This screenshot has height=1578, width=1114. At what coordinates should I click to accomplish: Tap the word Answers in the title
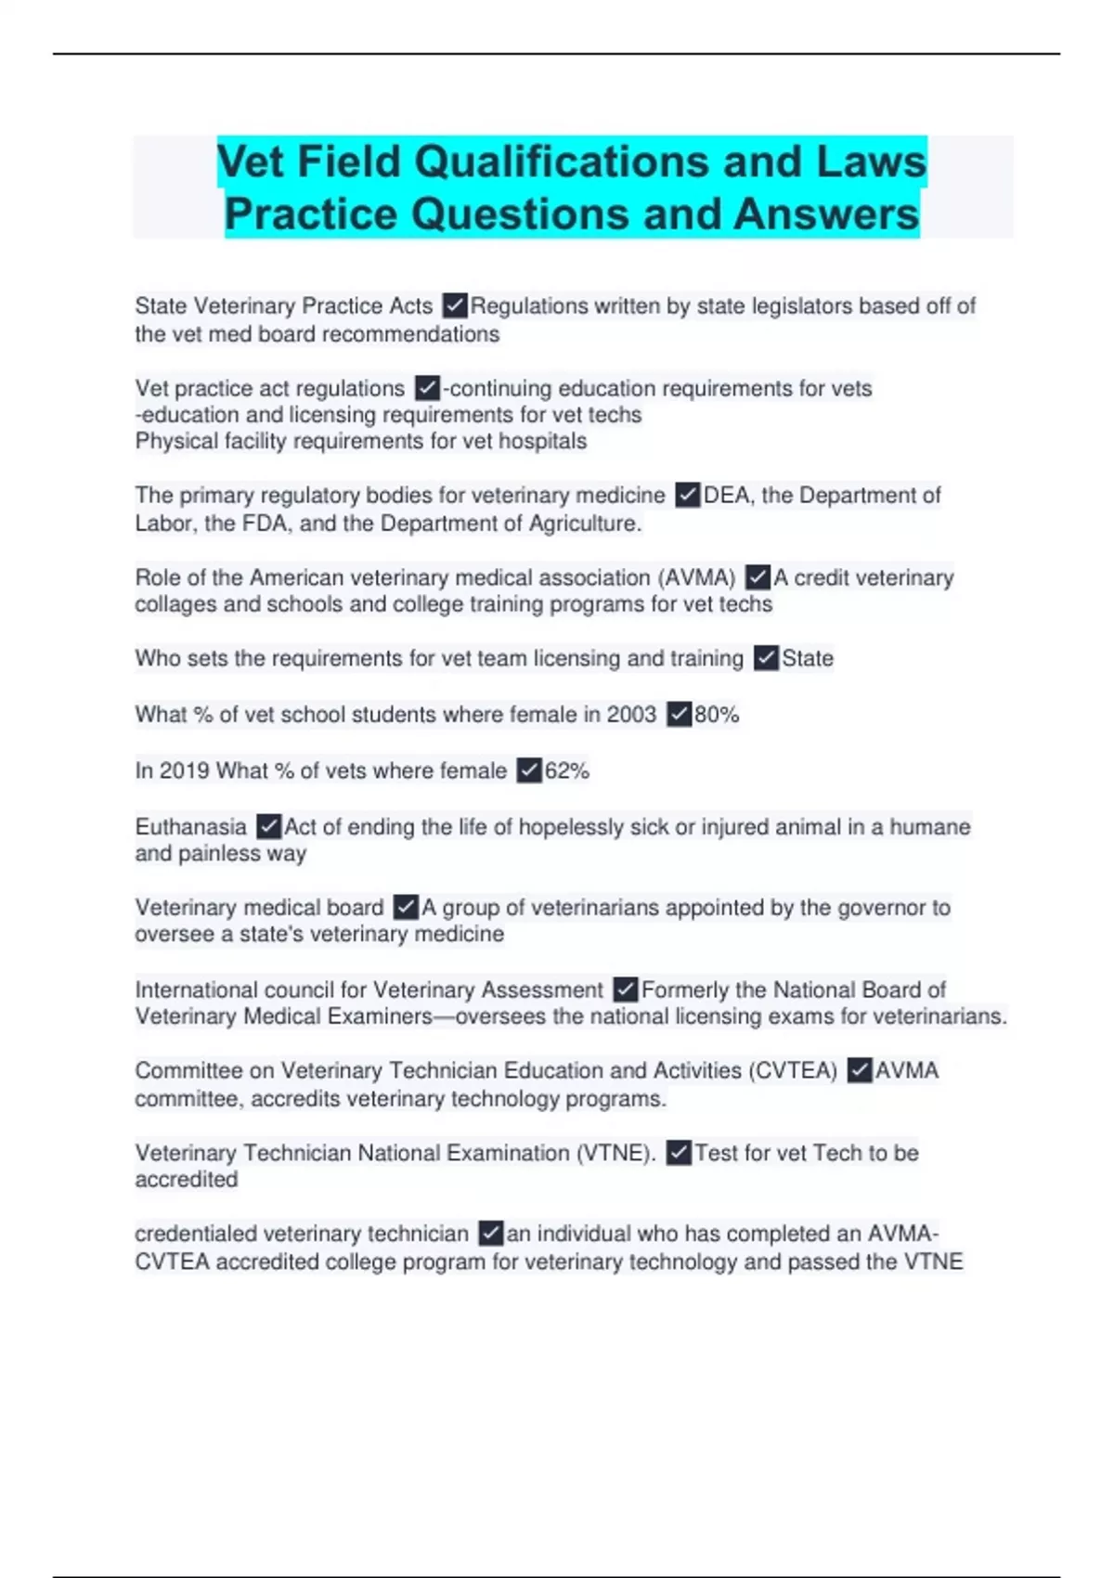(x=826, y=214)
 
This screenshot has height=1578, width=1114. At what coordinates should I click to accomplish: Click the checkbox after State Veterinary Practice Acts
(x=455, y=305)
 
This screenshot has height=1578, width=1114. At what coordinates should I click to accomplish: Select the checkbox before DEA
(x=687, y=495)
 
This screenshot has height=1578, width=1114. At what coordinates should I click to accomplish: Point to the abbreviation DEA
(x=727, y=496)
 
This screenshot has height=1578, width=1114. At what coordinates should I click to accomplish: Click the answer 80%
(x=717, y=715)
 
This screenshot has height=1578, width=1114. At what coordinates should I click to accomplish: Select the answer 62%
(x=566, y=770)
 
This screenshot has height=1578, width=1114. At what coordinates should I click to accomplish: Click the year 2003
(x=631, y=715)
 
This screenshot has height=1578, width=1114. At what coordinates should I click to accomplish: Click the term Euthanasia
(x=190, y=827)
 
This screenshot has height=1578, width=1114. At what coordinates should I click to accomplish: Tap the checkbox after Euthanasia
(x=268, y=826)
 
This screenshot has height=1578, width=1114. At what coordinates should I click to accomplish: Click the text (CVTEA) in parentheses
(x=795, y=1071)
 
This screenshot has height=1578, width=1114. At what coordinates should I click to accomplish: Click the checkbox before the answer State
(x=766, y=658)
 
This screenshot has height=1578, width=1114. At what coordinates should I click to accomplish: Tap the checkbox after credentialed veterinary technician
(x=490, y=1234)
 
